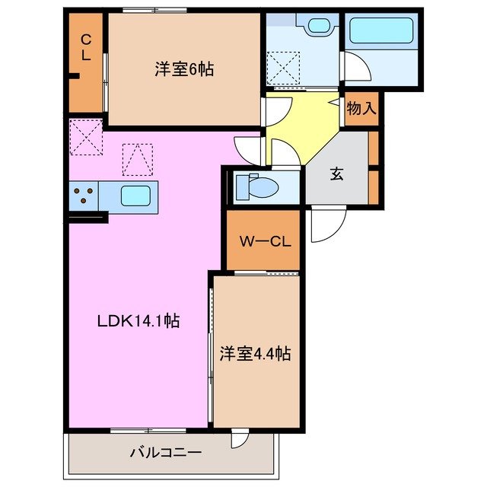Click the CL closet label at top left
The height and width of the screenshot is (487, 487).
click(86, 46)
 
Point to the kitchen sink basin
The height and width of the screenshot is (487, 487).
click(135, 196)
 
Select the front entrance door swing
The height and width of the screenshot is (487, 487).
click(326, 223)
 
